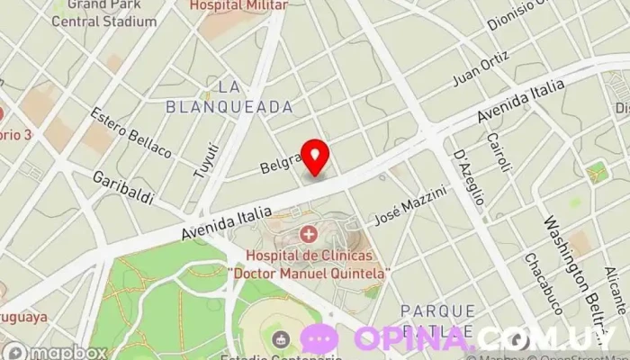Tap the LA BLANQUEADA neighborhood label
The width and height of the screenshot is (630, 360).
(229, 96)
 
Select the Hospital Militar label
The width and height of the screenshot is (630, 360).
(238, 5)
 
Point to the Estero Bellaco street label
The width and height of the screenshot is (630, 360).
(130, 132)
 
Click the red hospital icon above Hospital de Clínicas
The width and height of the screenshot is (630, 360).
(310, 236)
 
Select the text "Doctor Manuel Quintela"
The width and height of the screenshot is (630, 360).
(310, 272)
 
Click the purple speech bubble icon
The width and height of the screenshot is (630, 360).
(319, 339)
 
